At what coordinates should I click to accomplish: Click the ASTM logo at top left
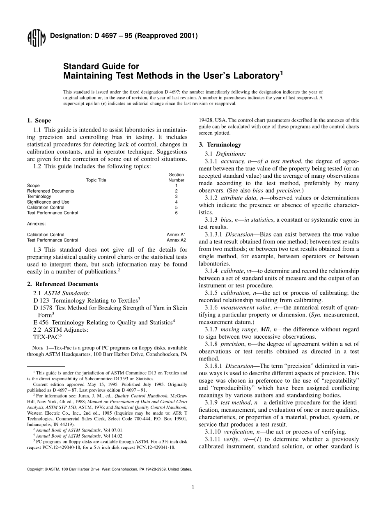pyautogui.click(x=36, y=39)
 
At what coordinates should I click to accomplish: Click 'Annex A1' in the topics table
pyautogui.click(x=176, y=235)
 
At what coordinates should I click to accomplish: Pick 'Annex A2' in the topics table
pyautogui.click(x=176, y=240)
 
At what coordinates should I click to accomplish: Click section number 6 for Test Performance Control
pyautogui.click(x=176, y=213)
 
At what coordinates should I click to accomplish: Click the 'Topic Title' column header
pyautogui.click(x=96, y=180)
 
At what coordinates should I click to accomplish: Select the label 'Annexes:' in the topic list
pyautogui.click(x=37, y=224)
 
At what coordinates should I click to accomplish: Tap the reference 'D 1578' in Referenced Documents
pyautogui.click(x=42, y=308)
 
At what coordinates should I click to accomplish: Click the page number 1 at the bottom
pyautogui.click(x=193, y=487)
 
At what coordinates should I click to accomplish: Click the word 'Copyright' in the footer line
pyautogui.click(x=35, y=469)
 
